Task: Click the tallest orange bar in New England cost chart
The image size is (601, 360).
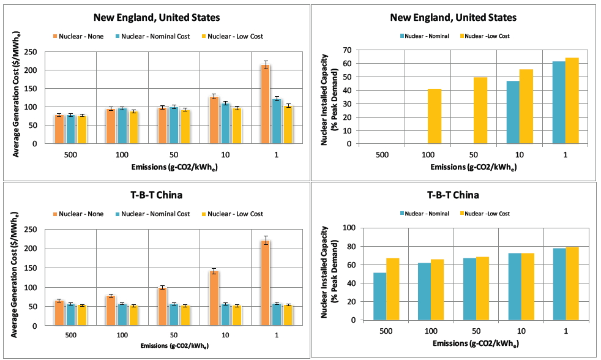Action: coord(266,104)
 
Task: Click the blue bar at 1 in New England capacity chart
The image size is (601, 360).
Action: coord(559,102)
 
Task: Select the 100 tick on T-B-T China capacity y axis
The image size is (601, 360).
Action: coord(349,228)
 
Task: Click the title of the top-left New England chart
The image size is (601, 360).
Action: coord(152,17)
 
